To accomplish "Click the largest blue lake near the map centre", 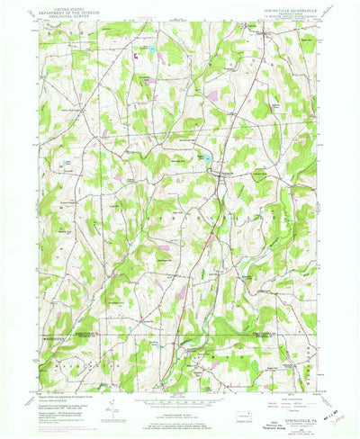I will [x=205, y=159].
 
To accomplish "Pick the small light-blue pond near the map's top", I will [x=150, y=47].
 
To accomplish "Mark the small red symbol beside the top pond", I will [x=136, y=54].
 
